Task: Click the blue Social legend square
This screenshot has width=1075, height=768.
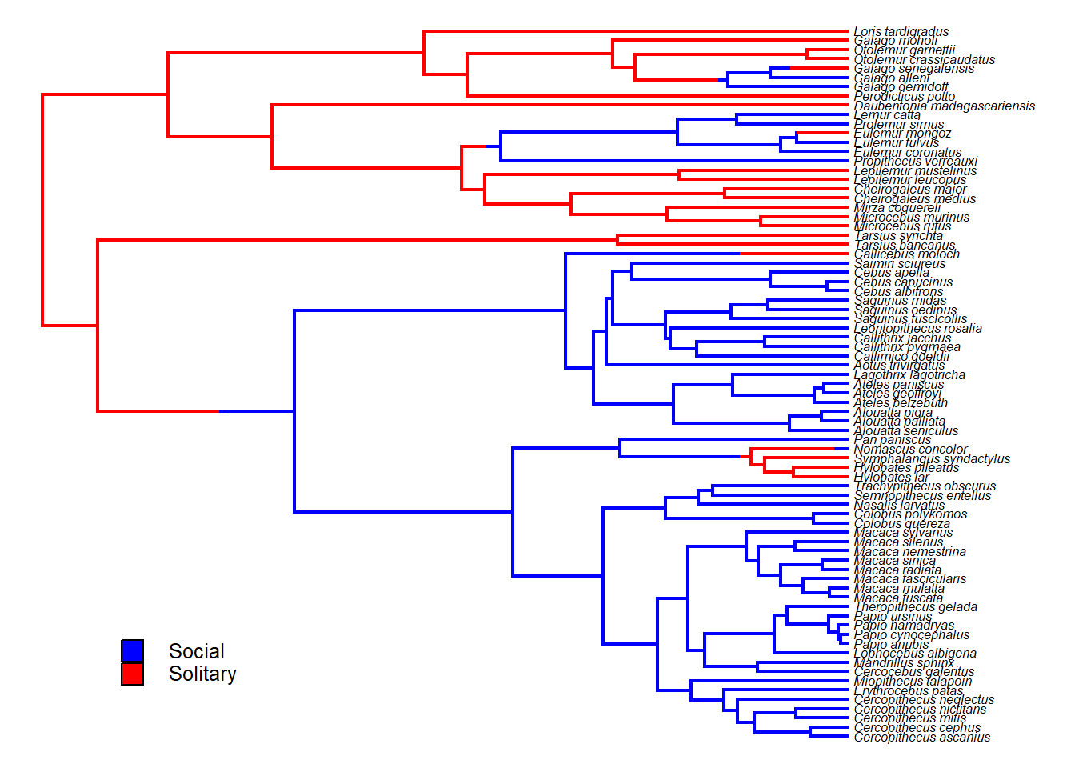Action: [x=132, y=650]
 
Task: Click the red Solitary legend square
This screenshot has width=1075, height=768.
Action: [x=132, y=674]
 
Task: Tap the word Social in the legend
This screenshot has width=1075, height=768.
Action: [x=196, y=651]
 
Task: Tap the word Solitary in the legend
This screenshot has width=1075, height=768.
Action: [x=202, y=674]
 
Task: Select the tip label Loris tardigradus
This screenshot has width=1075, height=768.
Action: [x=901, y=32]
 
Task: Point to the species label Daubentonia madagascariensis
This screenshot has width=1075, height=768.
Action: [x=944, y=106]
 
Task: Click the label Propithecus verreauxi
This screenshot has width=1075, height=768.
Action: [x=915, y=162]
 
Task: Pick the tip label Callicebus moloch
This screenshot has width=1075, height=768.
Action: [x=906, y=254]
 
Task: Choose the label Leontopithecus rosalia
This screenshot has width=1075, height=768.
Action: [x=917, y=328]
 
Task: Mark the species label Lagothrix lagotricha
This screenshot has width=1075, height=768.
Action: [x=909, y=374]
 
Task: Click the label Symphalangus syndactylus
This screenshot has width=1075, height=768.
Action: [x=932, y=458]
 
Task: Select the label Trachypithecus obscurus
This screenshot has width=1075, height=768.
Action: [x=925, y=486]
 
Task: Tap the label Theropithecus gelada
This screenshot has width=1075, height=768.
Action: [x=915, y=606]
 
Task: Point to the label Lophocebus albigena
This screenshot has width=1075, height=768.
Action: [x=915, y=653]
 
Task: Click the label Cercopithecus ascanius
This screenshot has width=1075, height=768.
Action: [x=921, y=737]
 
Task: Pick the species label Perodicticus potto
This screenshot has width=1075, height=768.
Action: [x=904, y=97]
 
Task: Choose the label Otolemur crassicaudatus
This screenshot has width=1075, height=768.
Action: [x=924, y=60]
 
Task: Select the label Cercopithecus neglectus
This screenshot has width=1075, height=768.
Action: [x=924, y=700]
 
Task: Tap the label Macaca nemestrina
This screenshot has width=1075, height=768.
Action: [x=909, y=551]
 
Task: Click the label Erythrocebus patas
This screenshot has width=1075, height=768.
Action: [x=908, y=690]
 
